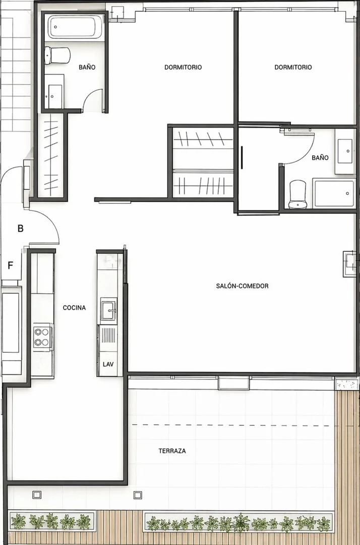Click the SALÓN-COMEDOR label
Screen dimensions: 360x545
[242, 286]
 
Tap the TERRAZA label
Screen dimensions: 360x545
[172, 451]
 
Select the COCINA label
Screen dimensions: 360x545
[74, 308]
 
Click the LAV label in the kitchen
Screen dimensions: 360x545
[108, 364]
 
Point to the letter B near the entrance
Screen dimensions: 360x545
[21, 229]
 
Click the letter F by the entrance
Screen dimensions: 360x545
[11, 265]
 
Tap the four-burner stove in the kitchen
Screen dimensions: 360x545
[42, 337]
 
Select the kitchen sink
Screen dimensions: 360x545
[109, 309]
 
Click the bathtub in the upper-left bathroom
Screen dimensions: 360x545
[74, 27]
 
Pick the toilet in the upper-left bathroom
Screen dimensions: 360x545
[57, 56]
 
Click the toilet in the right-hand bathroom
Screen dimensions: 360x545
[298, 194]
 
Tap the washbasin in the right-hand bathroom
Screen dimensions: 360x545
[345, 151]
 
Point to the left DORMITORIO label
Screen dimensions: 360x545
[183, 67]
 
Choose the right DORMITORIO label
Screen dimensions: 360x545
[293, 67]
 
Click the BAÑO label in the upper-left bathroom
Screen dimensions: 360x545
[87, 67]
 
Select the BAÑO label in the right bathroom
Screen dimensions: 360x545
[320, 158]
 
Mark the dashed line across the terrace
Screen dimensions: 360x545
[230, 425]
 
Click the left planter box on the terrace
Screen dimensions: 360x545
[52, 521]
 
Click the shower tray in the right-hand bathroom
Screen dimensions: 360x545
[334, 194]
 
